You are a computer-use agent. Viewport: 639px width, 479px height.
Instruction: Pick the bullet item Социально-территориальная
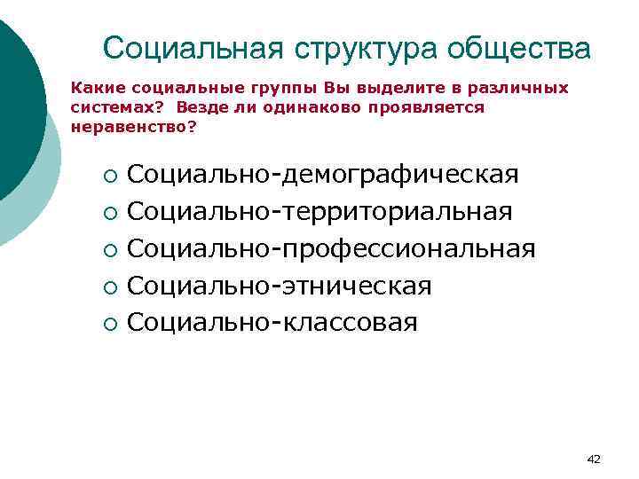tap(319, 212)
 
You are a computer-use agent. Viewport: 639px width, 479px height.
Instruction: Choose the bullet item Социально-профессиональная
tap(331, 249)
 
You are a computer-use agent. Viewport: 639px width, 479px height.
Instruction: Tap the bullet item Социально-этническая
tap(280, 286)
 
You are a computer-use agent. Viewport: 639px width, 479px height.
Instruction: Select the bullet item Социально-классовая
tap(272, 322)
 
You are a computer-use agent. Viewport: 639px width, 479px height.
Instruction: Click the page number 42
tap(594, 459)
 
